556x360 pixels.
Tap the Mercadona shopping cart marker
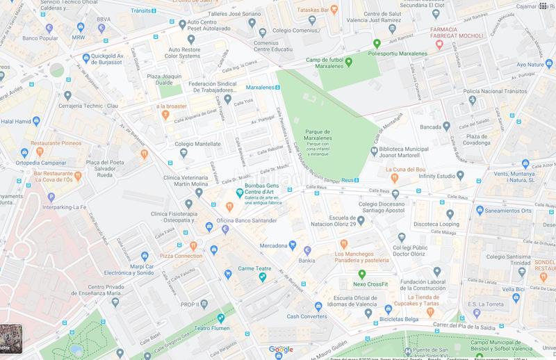click(x=293, y=245)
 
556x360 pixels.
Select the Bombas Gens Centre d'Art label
click(x=269, y=190)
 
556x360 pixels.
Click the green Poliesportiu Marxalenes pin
click(x=377, y=43)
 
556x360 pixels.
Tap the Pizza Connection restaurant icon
click(x=194, y=245)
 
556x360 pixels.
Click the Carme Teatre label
click(x=254, y=268)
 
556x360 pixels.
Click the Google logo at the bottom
click(x=281, y=350)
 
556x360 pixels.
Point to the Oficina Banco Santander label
click(x=246, y=221)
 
